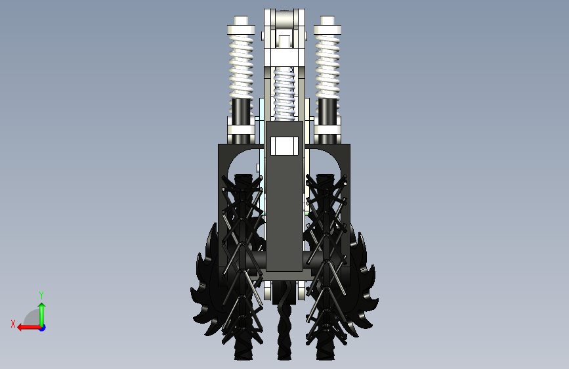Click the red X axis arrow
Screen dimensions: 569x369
click(x=28, y=328)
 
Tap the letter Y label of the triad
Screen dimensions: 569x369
click(x=41, y=295)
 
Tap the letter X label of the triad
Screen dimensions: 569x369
click(x=13, y=324)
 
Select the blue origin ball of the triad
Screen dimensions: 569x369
click(x=43, y=328)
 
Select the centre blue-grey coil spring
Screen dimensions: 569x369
click(x=284, y=94)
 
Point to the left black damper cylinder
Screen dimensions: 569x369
click(x=241, y=112)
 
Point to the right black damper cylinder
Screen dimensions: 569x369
click(x=327, y=112)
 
